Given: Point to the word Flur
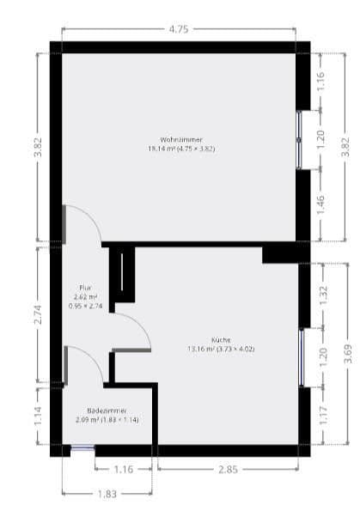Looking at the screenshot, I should (85, 288).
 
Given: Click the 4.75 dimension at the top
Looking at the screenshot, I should (179, 29).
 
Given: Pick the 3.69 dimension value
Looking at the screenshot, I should (347, 353).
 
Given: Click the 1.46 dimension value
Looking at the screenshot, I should (321, 204).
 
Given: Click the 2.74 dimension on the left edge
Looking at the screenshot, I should (37, 314).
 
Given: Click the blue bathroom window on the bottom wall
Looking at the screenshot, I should (82, 447).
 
